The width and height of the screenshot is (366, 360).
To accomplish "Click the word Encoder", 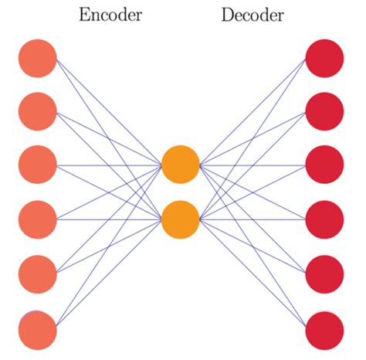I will tap(110, 15).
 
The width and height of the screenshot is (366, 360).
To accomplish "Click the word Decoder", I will tap(252, 15).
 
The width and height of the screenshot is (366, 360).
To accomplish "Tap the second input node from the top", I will tap(38, 111).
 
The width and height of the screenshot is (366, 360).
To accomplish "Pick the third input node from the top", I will tap(38, 165).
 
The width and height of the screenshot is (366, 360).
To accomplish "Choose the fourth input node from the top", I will tap(38, 219).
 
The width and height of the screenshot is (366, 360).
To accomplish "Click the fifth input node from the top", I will tap(38, 273).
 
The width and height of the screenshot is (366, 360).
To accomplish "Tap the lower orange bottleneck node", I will tap(181, 219).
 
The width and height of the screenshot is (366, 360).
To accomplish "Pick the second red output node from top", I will tap(324, 111).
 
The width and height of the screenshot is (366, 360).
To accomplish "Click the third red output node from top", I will tap(324, 165).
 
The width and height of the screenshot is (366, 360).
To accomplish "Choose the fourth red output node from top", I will tap(324, 219).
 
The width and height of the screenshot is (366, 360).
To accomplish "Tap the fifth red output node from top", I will tap(324, 273).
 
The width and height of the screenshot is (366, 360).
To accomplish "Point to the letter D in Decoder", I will tap(227, 15).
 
